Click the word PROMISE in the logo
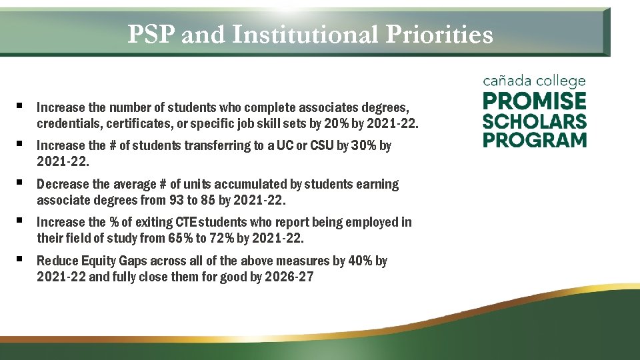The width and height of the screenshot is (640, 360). [535, 101]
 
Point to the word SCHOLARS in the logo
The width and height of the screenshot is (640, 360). [535, 121]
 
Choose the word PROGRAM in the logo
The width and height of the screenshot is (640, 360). [535, 140]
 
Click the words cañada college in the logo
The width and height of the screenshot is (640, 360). [534, 81]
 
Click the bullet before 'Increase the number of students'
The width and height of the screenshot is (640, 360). [21, 106]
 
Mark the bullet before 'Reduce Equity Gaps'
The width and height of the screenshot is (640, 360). [21, 259]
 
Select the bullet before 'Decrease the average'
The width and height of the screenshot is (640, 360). [21, 182]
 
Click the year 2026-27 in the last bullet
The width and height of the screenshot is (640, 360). [289, 277]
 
